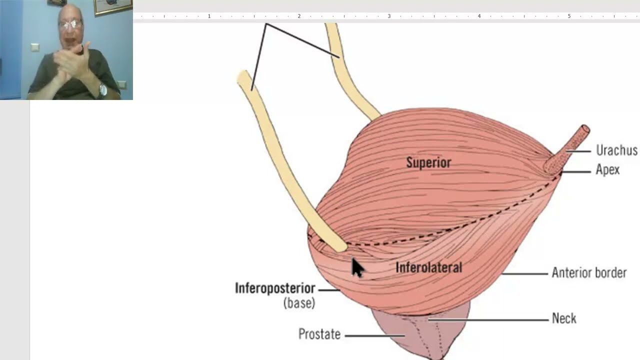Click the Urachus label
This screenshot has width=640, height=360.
616,150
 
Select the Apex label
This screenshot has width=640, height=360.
607,170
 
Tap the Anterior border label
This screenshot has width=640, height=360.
589,273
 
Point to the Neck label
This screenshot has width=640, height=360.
564,318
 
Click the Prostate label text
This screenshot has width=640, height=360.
319,334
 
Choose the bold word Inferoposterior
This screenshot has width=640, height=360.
275,288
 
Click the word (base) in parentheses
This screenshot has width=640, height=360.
299,303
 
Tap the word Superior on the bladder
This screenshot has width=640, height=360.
428,162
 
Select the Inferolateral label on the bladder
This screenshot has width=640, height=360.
428,267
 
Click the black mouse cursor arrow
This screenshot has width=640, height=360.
356,267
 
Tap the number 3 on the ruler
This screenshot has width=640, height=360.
389,16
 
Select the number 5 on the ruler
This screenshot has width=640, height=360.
569,16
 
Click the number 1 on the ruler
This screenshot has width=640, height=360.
209,16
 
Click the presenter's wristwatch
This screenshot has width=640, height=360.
103,90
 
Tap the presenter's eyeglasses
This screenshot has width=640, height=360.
70,23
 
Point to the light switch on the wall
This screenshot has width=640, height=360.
34,47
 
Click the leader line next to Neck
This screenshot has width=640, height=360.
490,319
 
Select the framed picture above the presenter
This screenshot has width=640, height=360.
113,6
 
